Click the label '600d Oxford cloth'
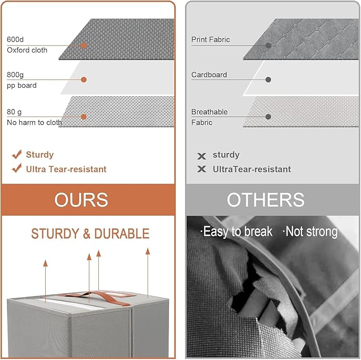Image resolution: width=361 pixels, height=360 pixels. (x=27, y=45)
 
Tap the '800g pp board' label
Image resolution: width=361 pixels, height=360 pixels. (x=22, y=80)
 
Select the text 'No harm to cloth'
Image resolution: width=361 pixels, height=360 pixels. (x=35, y=122)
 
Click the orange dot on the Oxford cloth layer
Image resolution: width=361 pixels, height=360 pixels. (x=84, y=46)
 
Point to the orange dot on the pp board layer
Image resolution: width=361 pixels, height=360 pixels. (x=84, y=80)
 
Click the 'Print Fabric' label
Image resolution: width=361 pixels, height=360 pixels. (x=211, y=39)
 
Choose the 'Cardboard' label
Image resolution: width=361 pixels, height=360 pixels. (x=209, y=75)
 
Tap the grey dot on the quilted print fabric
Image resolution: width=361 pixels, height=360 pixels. (x=268, y=46)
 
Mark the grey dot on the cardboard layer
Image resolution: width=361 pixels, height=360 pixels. (x=268, y=80)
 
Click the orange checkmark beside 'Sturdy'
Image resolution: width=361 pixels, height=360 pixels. (x=16, y=155)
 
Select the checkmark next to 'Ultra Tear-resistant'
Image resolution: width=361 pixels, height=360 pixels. (x=16, y=168)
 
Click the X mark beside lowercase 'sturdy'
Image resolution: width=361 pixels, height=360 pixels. (x=202, y=156)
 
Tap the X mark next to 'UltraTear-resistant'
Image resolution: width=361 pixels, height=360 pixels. (x=202, y=169)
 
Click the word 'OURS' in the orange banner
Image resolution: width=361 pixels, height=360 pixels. (x=81, y=200)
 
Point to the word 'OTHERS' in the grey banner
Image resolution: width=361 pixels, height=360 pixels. (x=266, y=200)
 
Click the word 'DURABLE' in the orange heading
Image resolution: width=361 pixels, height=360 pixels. (x=122, y=234)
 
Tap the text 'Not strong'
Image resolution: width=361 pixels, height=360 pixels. (x=312, y=232)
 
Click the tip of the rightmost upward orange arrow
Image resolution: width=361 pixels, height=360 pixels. (x=148, y=248)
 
